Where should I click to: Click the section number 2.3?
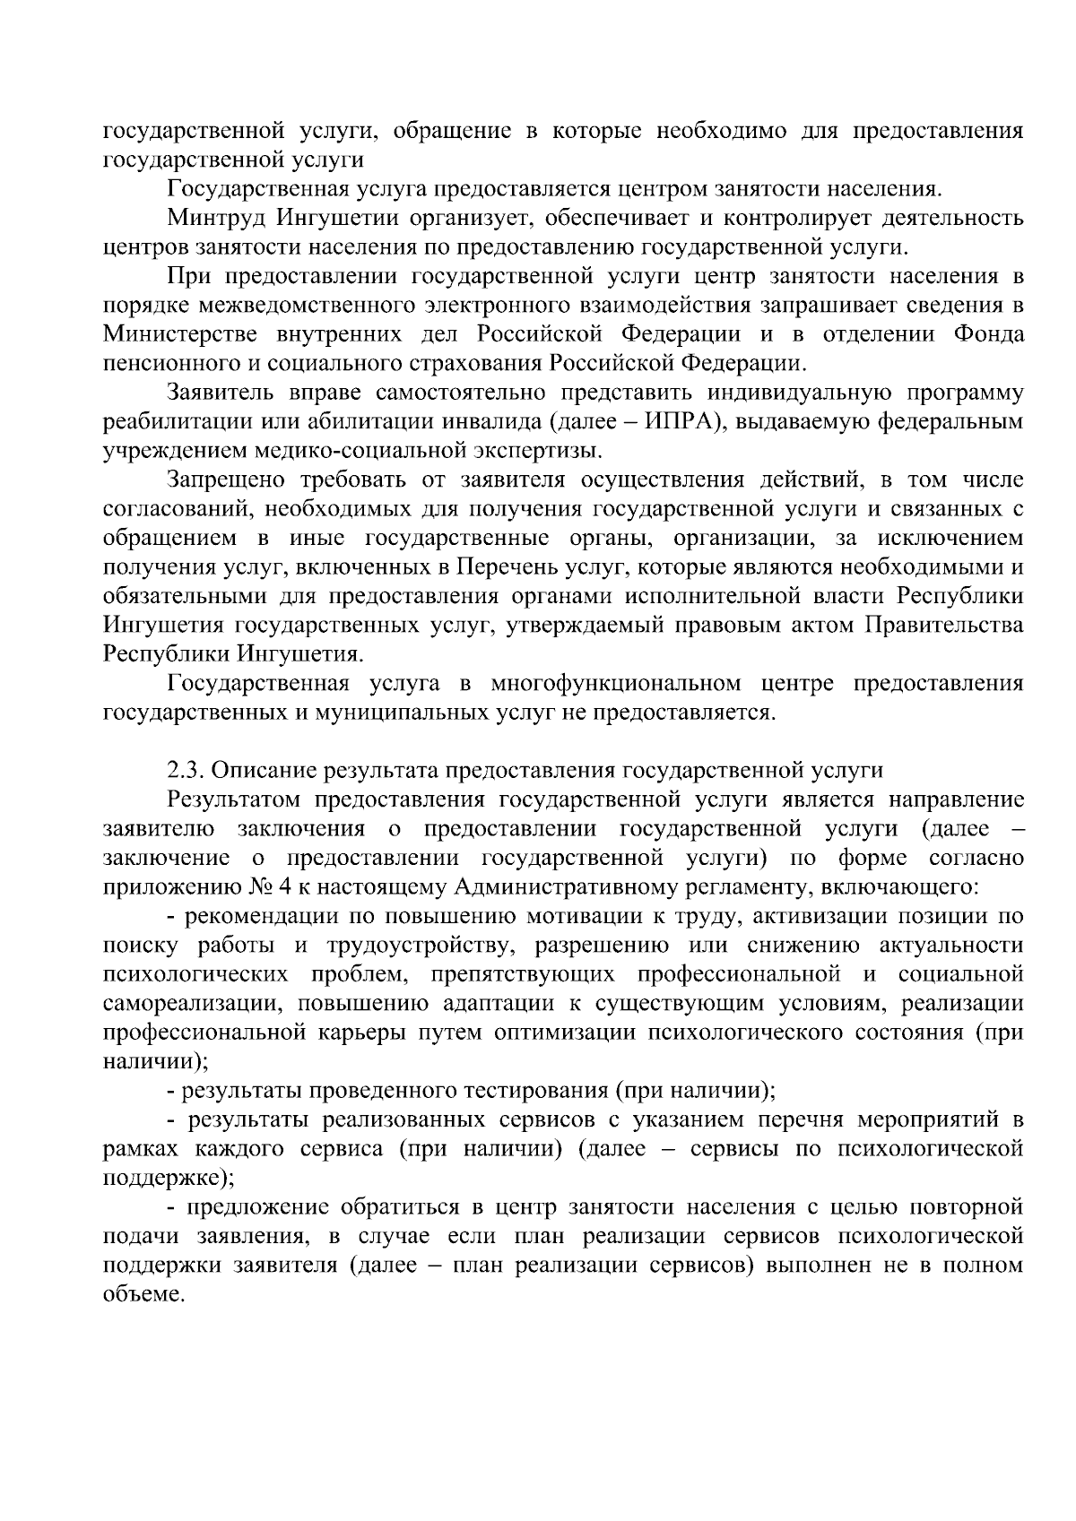pos(185,771)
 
